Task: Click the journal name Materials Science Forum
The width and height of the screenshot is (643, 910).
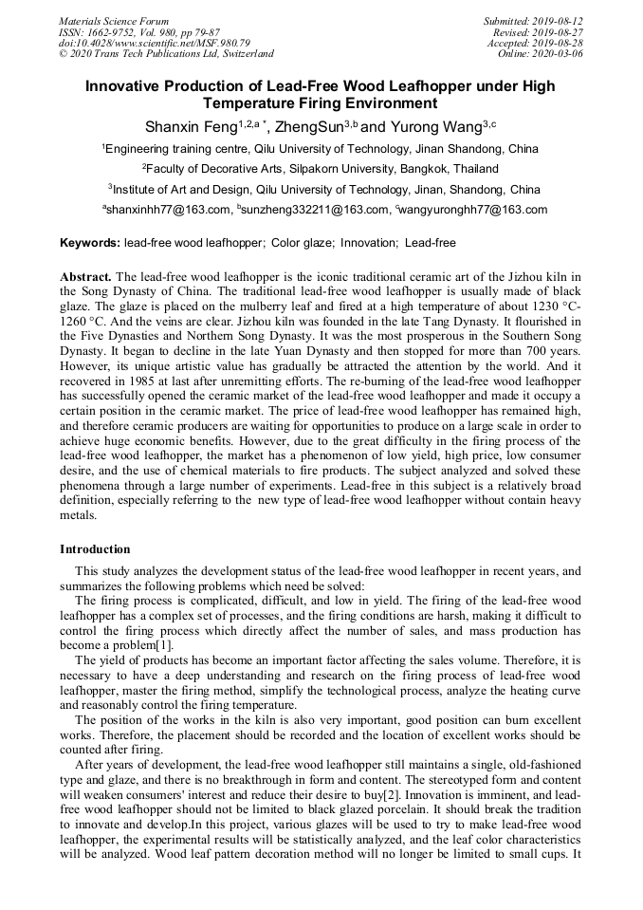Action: point(114,21)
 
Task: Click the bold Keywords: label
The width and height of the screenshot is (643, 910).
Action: point(90,243)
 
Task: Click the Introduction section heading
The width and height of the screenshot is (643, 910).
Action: point(95,548)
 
